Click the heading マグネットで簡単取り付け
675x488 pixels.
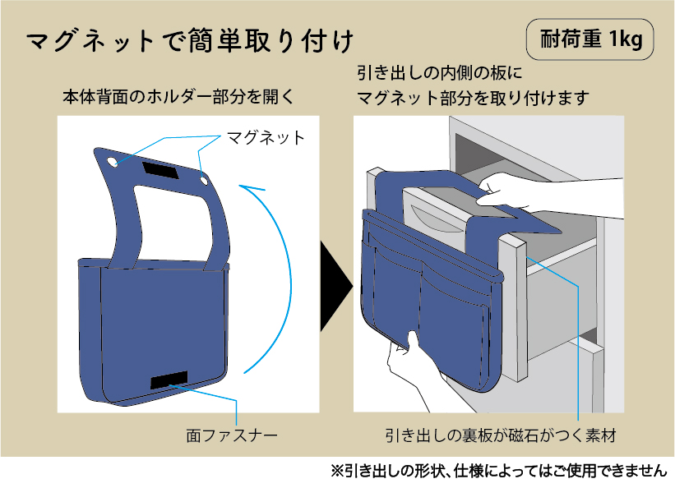coord(190,41)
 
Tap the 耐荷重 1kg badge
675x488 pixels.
coord(589,39)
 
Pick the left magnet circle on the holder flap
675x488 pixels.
coord(111,162)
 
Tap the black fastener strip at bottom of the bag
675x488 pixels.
coord(169,380)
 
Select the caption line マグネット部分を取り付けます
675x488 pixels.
coord(473,98)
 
